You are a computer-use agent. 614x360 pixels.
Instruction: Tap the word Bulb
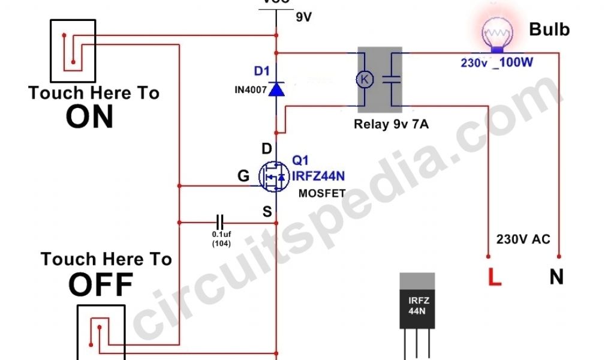[549, 29]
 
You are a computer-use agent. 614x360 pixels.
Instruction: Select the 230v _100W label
[496, 62]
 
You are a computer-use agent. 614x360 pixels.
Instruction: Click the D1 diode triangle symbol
[276, 89]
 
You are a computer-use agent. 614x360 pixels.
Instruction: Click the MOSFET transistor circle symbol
[273, 176]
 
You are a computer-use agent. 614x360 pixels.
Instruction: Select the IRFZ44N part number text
[318, 176]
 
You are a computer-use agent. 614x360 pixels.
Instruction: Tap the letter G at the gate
[243, 176]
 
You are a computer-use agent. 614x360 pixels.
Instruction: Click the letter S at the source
[267, 211]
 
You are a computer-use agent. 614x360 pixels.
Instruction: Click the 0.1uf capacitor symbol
[221, 221]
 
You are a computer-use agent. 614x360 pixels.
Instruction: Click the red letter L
[495, 277]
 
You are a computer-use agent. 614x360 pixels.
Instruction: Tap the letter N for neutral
[556, 277]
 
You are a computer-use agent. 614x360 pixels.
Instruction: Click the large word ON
[90, 117]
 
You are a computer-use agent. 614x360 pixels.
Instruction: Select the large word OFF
[100, 285]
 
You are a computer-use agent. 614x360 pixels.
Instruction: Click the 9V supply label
[304, 17]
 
